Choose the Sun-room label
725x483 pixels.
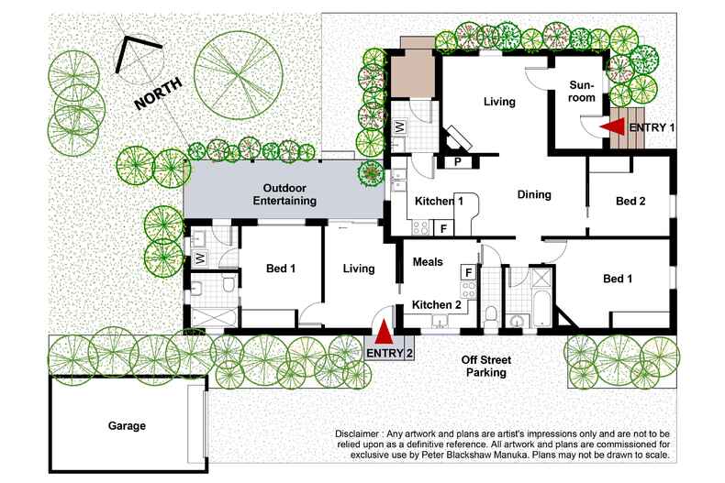[x=581, y=90]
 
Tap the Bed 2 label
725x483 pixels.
[x=630, y=201]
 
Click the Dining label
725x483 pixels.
[x=534, y=194]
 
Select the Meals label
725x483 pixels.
[x=428, y=262]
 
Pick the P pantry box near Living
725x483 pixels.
[x=457, y=162]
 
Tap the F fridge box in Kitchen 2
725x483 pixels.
[x=467, y=272]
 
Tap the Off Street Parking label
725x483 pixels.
[x=483, y=366]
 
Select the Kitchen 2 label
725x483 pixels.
[x=435, y=304]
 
